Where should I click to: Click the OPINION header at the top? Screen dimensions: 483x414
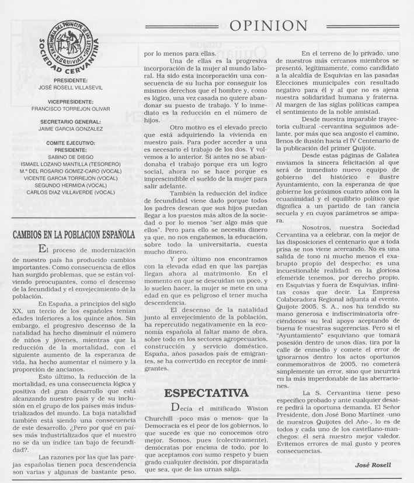268,25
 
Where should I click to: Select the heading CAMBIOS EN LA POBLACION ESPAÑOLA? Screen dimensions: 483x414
74,236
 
